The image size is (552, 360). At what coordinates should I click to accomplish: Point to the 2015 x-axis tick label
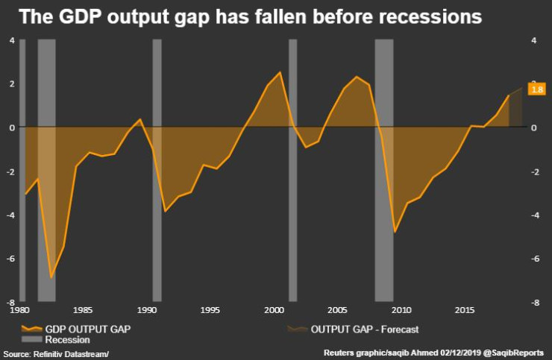pyautogui.click(x=465, y=309)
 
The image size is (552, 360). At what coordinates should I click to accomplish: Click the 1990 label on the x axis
pyautogui.click(x=148, y=309)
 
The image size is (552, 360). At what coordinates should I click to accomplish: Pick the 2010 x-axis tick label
pyautogui.click(x=401, y=309)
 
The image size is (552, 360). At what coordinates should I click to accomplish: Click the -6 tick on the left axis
pyautogui.click(x=10, y=259)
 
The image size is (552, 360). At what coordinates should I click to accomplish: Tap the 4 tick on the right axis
pyautogui.click(x=534, y=40)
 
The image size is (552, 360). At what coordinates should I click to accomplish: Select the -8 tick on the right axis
pyautogui.click(x=534, y=303)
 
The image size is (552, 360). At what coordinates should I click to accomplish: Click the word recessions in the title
pyautogui.click(x=430, y=16)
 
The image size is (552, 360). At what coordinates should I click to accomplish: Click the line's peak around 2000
pyautogui.click(x=280, y=72)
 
